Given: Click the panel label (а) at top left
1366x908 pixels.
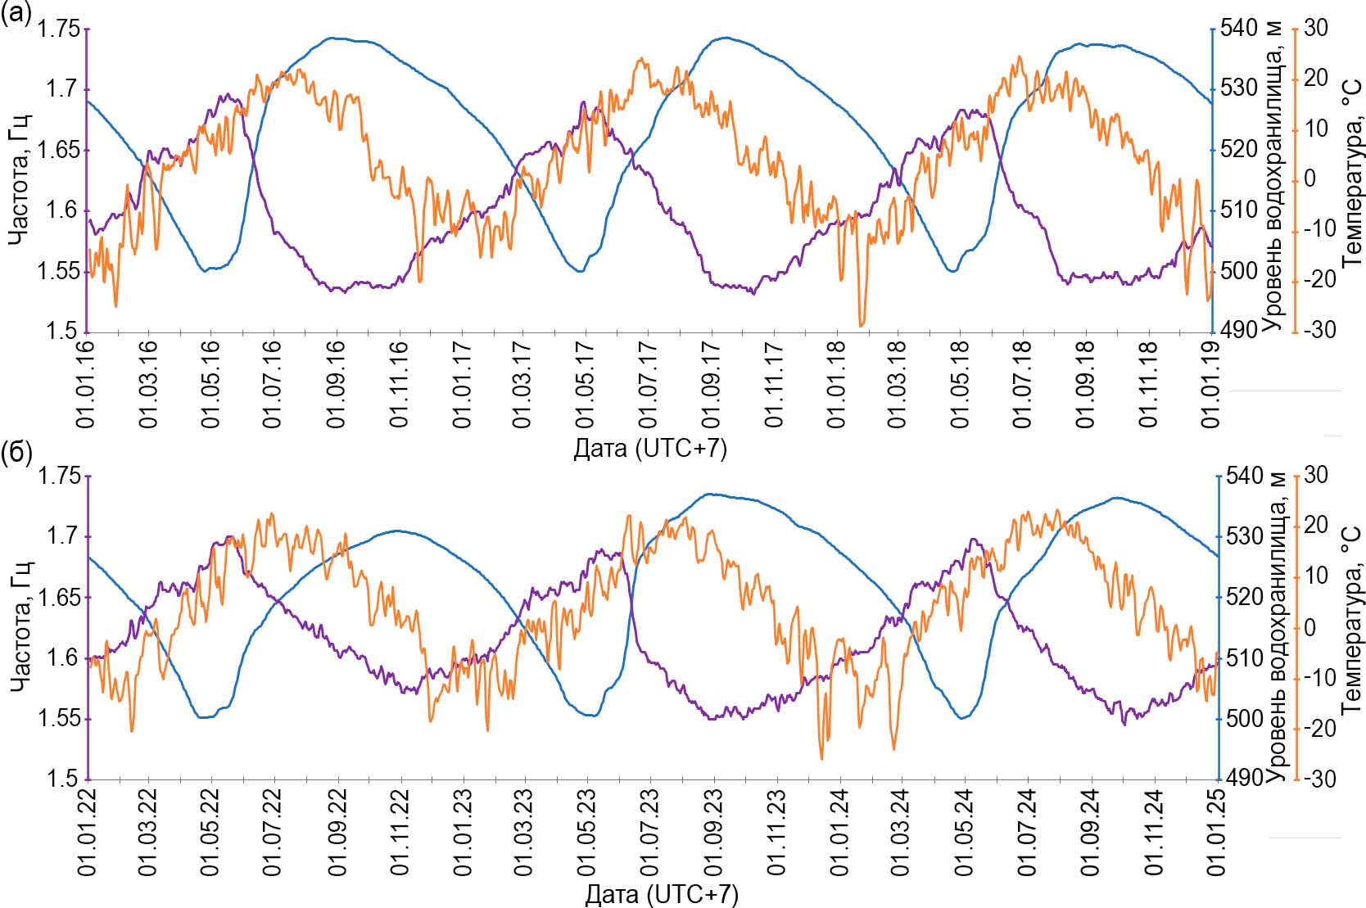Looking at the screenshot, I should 16,14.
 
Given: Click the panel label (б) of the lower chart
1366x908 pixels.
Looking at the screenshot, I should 16,452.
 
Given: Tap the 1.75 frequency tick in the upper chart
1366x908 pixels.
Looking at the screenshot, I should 59,29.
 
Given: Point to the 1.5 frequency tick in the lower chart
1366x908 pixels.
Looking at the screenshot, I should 62,779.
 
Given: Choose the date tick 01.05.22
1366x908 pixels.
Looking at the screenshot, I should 210,831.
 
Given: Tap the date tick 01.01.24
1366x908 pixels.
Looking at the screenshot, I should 839,831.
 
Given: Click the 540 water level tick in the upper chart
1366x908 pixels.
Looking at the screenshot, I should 1238,29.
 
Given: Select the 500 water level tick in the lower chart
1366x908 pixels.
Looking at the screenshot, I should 1244,719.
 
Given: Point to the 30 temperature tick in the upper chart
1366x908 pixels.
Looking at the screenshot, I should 1315,28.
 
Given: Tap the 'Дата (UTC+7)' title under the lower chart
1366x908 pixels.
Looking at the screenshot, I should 661,894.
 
